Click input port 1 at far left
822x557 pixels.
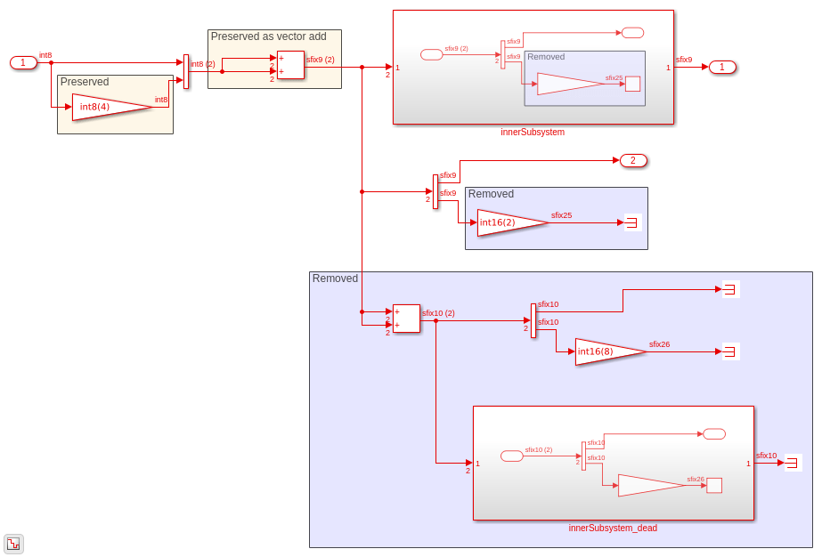23,62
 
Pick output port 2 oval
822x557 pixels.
633,161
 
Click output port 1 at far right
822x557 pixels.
722,67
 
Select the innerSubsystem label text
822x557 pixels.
533,133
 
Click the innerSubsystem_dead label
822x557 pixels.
613,528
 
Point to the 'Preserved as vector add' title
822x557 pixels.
268,36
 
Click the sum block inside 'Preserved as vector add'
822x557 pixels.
290,65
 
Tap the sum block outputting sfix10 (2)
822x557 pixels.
406,319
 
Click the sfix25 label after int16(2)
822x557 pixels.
561,215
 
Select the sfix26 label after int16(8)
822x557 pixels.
659,344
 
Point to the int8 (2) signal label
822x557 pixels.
202,64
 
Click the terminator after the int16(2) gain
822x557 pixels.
632,222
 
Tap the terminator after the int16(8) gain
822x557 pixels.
729,351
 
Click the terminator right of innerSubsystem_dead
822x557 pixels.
792,463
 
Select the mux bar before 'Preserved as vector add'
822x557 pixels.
186,72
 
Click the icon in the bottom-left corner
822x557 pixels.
13,544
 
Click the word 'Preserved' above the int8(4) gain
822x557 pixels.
85,82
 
